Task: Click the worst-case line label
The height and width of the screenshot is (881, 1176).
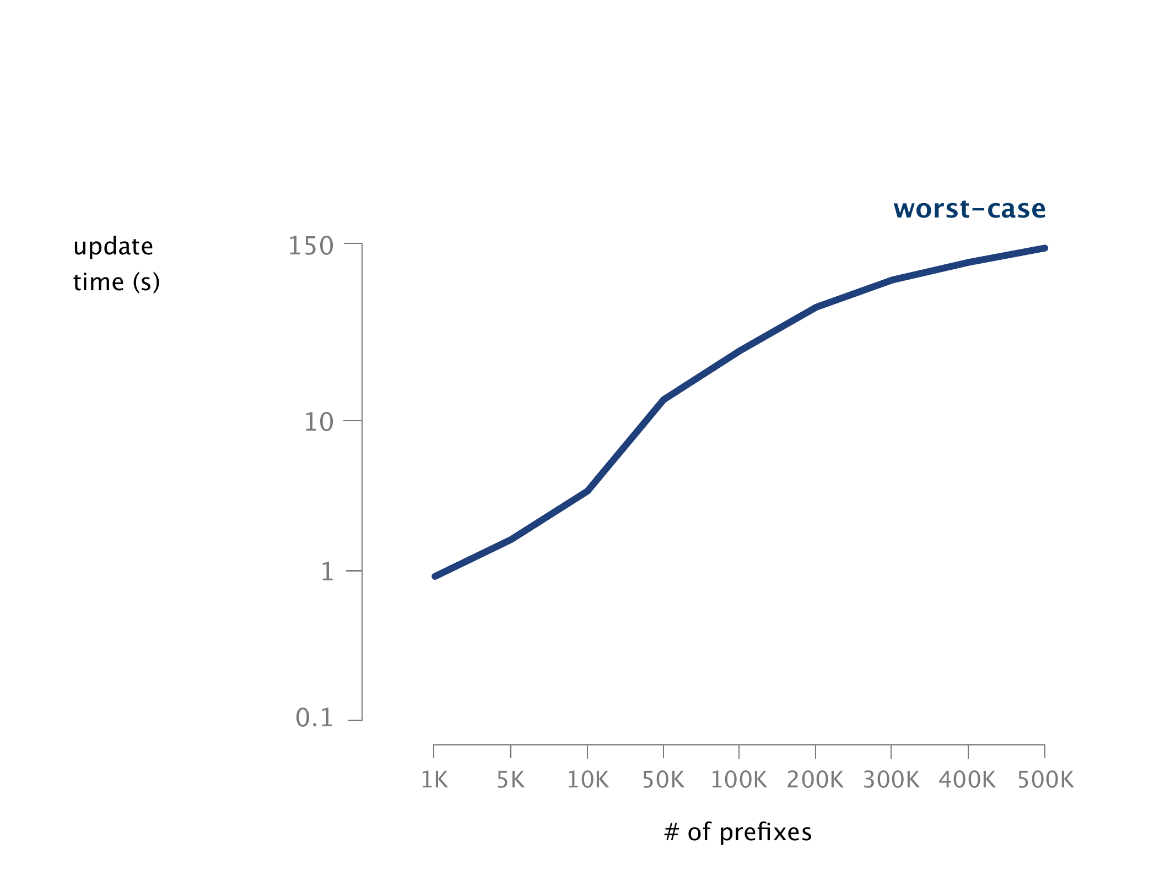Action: (969, 209)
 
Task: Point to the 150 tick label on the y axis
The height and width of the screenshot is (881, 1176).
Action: (311, 246)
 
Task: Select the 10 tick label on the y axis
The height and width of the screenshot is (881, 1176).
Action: (319, 422)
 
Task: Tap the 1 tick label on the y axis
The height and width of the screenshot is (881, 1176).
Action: (327, 572)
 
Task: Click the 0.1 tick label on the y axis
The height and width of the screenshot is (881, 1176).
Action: (315, 718)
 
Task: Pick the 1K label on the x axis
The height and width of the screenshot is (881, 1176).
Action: (434, 780)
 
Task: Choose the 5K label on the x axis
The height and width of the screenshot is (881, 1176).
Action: (510, 780)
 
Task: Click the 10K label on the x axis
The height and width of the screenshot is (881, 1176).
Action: (587, 780)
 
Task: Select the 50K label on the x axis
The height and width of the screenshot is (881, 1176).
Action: (663, 780)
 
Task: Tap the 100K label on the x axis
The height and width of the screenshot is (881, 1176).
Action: (739, 780)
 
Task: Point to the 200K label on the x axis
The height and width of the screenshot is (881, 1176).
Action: (815, 780)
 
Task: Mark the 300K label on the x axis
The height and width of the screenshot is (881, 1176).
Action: (891, 780)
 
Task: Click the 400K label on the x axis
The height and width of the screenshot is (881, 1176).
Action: (968, 780)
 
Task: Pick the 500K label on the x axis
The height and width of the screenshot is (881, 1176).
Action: (1045, 780)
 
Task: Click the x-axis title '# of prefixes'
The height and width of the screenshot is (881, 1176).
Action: (738, 832)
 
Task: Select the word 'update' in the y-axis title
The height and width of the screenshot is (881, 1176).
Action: (113, 247)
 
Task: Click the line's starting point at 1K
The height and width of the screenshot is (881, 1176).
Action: (435, 576)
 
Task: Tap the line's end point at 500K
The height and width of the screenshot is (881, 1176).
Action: (1044, 248)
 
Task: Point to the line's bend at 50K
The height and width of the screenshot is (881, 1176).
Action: (663, 399)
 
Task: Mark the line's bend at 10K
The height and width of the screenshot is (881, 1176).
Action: (587, 491)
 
